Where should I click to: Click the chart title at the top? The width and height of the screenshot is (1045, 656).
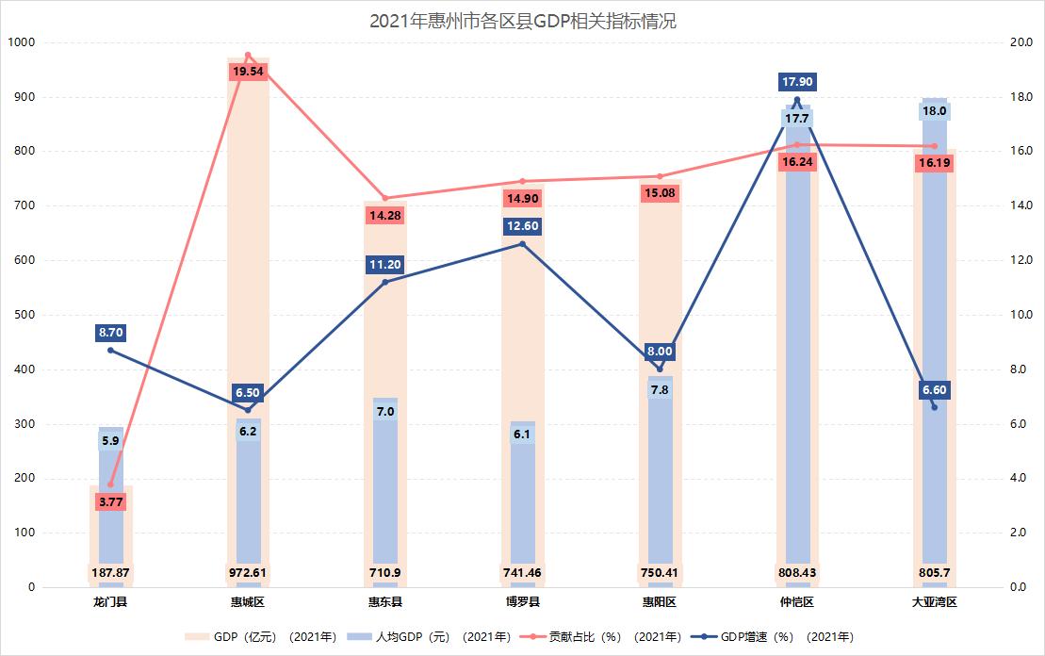(522, 22)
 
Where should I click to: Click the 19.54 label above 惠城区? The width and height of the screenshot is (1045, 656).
(248, 72)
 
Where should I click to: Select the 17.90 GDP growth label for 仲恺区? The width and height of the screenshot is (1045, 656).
(797, 82)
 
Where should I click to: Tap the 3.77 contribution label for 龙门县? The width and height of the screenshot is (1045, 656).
(110, 501)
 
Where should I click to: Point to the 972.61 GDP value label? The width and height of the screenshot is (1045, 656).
(248, 572)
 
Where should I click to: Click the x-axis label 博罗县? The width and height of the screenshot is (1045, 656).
(522, 601)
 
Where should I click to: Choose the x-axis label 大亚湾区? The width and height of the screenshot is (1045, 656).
(934, 601)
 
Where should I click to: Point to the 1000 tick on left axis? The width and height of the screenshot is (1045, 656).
(21, 42)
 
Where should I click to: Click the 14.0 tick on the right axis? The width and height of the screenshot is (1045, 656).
(1021, 205)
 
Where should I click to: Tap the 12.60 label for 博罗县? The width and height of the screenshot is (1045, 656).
(522, 226)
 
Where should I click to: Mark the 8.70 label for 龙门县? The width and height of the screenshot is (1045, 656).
(110, 333)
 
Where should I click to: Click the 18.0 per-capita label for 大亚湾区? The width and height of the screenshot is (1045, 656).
(934, 111)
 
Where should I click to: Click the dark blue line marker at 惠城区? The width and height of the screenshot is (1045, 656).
(248, 410)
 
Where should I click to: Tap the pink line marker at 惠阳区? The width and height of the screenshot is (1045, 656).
(660, 176)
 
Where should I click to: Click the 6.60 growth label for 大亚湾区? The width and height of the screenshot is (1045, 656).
(934, 389)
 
